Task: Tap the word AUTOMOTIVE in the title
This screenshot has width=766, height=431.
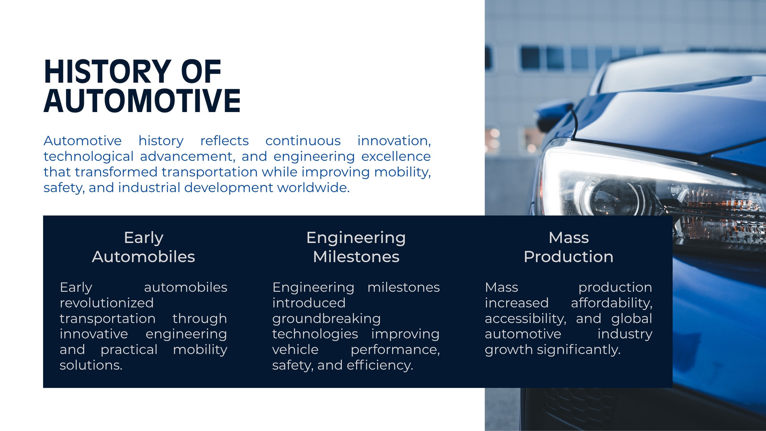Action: point(142,101)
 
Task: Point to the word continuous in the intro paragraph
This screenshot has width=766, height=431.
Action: point(303,141)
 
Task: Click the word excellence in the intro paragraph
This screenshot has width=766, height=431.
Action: point(396,156)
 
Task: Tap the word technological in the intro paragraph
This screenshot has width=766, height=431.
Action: point(88,157)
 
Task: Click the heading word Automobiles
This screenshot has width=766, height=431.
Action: point(143,257)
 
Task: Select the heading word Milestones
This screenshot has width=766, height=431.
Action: point(356,257)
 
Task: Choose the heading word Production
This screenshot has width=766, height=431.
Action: point(568,257)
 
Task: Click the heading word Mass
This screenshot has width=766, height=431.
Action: point(569,238)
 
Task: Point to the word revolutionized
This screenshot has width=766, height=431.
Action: point(107,303)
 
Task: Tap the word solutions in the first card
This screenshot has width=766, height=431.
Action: point(91,365)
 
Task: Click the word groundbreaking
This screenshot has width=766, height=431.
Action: point(326,319)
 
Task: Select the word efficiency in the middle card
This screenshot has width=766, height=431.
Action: point(380,365)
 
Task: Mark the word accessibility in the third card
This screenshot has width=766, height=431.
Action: point(525,319)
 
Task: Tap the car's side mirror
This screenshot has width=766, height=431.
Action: point(554,114)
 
